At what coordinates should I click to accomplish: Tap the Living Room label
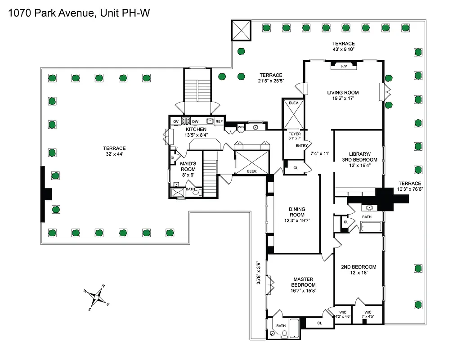click(x=343, y=93)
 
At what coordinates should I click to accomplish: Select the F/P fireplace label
click(x=344, y=67)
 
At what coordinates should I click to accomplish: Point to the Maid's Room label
click(x=188, y=166)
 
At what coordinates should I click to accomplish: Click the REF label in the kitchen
click(x=219, y=121)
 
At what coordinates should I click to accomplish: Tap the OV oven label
click(x=176, y=121)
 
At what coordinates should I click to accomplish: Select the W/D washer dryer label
click(x=241, y=127)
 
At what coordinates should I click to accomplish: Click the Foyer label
click(x=294, y=133)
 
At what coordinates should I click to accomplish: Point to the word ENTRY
click(x=301, y=145)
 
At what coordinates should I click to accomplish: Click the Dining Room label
click(x=297, y=212)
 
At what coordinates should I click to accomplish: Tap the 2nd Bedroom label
click(x=358, y=267)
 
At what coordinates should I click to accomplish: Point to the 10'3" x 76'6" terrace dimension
click(x=410, y=189)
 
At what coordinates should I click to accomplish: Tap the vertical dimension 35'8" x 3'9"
click(x=259, y=273)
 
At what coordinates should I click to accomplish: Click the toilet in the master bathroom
click(x=284, y=333)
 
